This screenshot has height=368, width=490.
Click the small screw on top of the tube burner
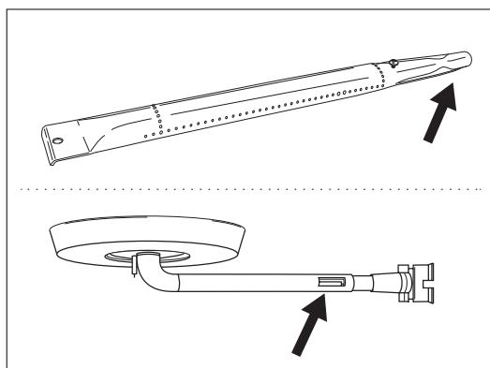[x=393, y=65]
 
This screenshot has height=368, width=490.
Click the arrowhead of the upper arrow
[x=453, y=90]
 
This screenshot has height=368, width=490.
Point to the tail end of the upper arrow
[x=427, y=140]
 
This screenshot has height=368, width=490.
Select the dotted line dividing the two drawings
[x=245, y=188]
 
